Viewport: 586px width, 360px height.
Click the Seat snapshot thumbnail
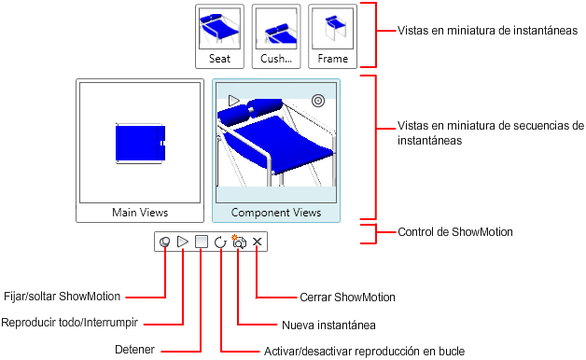220,36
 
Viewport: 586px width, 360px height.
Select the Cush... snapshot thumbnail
276,36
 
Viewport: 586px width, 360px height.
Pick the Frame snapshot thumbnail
332,36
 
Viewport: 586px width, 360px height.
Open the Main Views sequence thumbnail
140,150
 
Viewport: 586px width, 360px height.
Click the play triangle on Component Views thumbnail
233,101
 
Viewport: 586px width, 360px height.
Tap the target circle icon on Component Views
318,101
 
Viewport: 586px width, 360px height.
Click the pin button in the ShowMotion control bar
164,242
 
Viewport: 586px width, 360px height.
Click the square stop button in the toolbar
202,242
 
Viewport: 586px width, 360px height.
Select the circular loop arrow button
220,242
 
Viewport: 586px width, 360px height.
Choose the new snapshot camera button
239,242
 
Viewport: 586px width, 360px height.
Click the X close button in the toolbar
257,242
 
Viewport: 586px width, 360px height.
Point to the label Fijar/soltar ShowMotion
62,297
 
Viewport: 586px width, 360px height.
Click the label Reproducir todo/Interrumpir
69,323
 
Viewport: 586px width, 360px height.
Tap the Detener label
134,350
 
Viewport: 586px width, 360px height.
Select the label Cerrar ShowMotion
347,298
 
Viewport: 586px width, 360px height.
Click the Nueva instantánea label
328,325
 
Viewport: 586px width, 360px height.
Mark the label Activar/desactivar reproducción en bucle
364,352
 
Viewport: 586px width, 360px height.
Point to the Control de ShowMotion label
455,232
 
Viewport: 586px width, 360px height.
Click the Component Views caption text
276,213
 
